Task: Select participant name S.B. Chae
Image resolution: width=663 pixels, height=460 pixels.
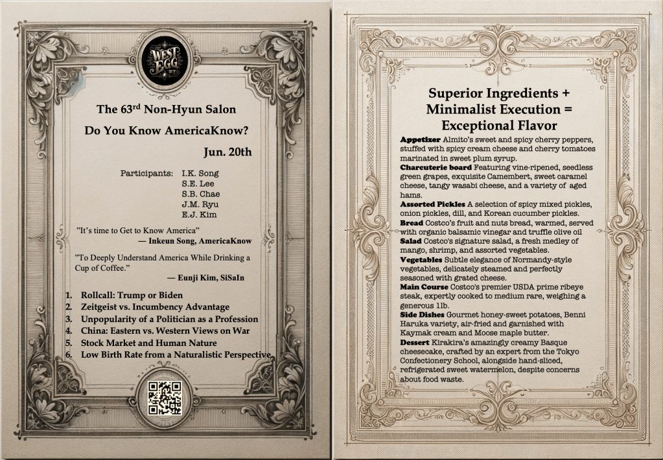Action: (200, 194)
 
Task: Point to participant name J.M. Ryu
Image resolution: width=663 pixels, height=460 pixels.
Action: (200, 204)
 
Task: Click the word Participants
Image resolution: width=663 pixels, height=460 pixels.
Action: (146, 173)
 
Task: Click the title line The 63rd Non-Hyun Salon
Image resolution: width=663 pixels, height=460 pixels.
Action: (166, 109)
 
